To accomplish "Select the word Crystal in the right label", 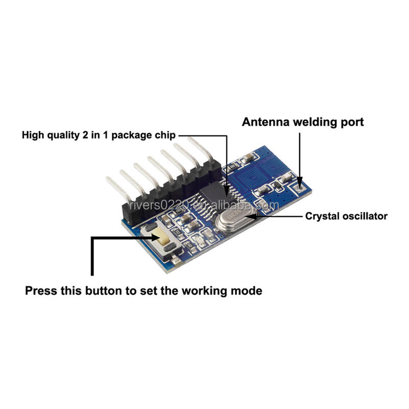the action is tap(320, 216).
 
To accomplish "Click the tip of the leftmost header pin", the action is tap(107, 178).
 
